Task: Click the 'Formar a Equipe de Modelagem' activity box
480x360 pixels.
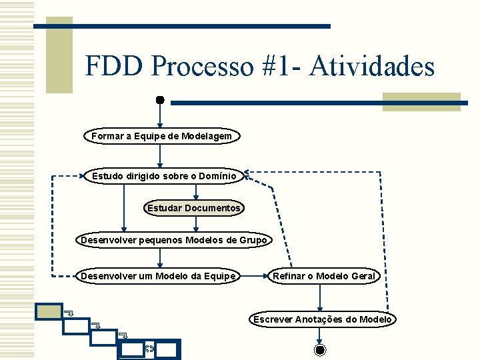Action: (162, 136)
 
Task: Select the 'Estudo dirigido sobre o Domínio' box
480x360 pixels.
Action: (163, 176)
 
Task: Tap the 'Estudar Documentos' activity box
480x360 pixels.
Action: (194, 208)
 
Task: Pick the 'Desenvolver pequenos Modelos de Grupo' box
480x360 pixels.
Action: (174, 240)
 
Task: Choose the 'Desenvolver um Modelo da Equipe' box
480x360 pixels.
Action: (158, 276)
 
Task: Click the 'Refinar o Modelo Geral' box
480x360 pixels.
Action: (324, 276)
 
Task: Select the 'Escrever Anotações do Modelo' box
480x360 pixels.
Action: (323, 319)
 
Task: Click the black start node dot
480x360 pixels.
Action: (160, 100)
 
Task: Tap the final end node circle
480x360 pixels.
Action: (320, 350)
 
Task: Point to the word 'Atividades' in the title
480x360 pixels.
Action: (372, 67)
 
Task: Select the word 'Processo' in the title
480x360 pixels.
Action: (203, 67)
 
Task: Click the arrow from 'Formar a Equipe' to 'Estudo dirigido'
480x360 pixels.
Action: (160, 155)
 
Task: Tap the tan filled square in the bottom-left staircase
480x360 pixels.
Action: (49, 312)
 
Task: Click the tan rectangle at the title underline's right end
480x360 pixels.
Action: (421, 102)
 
